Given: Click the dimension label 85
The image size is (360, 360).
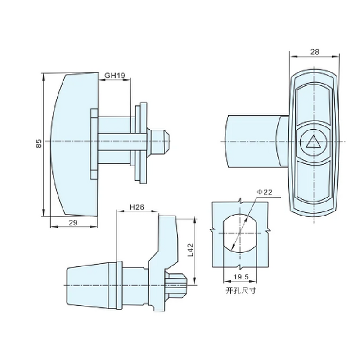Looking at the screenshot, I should pyautogui.click(x=39, y=144).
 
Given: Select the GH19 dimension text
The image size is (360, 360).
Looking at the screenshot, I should pyautogui.click(x=115, y=76).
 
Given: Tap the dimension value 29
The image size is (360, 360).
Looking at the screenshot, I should pyautogui.click(x=73, y=223).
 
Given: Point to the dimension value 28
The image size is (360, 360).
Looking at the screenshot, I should pyautogui.click(x=315, y=52).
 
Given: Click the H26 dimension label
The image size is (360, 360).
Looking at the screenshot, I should pyautogui.click(x=136, y=207).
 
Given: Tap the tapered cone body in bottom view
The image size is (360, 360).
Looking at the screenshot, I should pyautogui.click(x=90, y=285).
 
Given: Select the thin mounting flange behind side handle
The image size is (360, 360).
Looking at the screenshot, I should pyautogui.click(x=94, y=143).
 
